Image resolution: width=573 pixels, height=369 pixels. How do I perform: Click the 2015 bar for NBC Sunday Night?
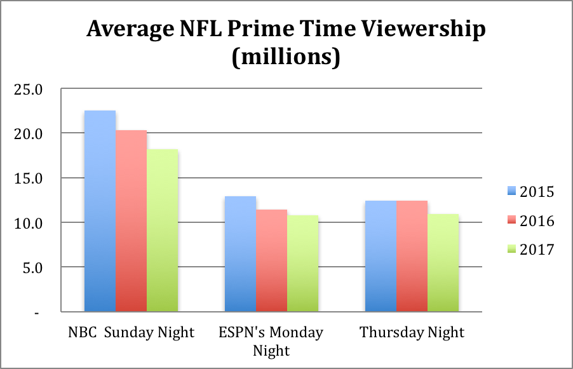coord(100,211)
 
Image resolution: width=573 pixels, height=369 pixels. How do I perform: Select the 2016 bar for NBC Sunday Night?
coord(131,220)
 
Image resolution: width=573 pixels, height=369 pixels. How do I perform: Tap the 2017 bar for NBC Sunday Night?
coord(162,230)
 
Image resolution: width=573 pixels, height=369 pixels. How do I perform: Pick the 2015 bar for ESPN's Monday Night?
coord(240,254)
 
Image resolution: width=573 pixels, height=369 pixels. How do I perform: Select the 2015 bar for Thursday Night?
coord(381,256)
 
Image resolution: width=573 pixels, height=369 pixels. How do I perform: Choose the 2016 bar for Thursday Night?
coord(412,256)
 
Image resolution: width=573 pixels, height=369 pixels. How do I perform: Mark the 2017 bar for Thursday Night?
coord(443,263)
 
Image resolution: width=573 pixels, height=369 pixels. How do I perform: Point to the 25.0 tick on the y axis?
coord(29,90)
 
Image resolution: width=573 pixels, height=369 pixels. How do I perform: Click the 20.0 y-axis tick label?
coord(29,134)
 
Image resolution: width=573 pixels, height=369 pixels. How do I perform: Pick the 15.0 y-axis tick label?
coord(29,178)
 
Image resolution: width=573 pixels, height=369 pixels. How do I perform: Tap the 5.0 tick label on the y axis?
coord(32,268)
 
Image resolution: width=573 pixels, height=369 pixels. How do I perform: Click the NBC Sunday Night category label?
coord(131,332)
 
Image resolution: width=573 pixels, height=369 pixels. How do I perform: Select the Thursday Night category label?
coord(412,332)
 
